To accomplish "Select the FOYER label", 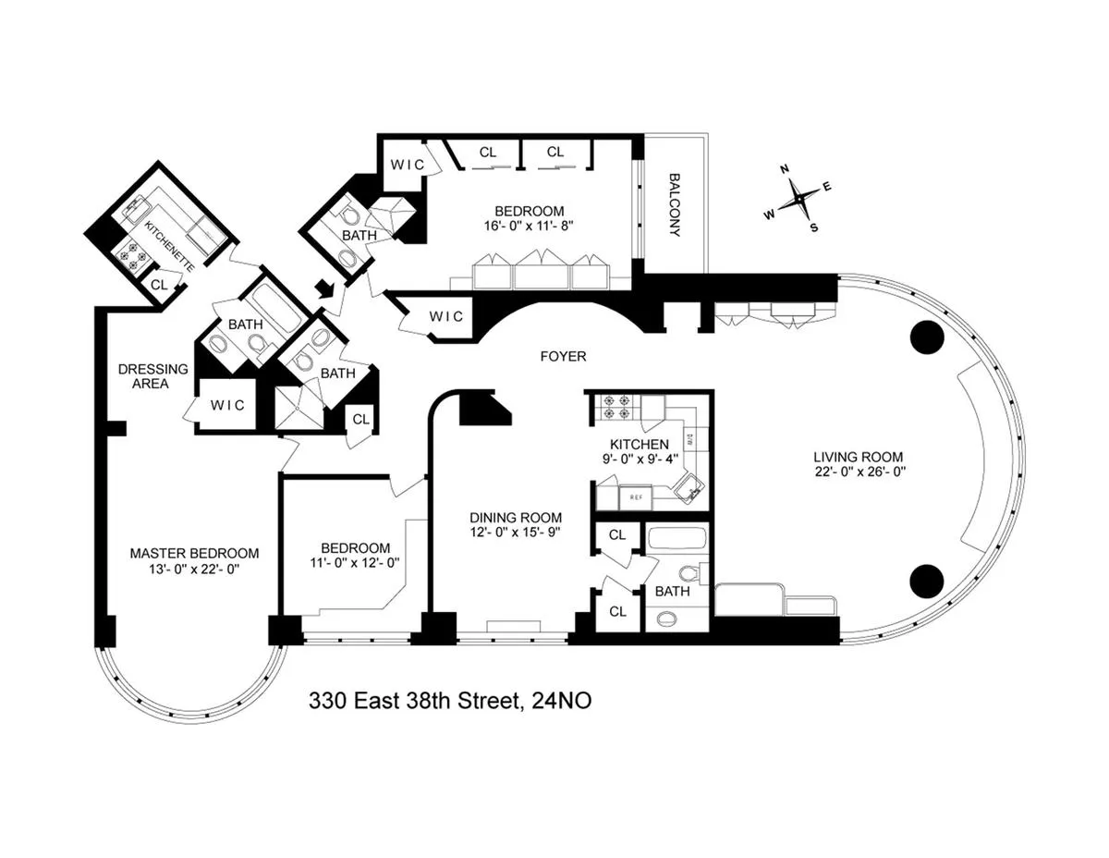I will pos(563,356).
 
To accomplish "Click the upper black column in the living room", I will pos(927,337).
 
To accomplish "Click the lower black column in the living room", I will pos(927,580).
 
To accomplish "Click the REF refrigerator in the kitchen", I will pos(636,497).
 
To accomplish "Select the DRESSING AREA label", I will pos(152,375).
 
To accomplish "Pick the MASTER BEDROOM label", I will pos(194,553).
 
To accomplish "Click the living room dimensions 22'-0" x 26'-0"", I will pos(858,472).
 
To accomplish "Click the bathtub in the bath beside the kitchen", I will pos(676,540).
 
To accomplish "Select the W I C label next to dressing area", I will pos(227,405).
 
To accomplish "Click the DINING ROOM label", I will pos(515,518).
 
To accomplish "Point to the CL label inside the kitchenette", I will pos(158,285).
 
